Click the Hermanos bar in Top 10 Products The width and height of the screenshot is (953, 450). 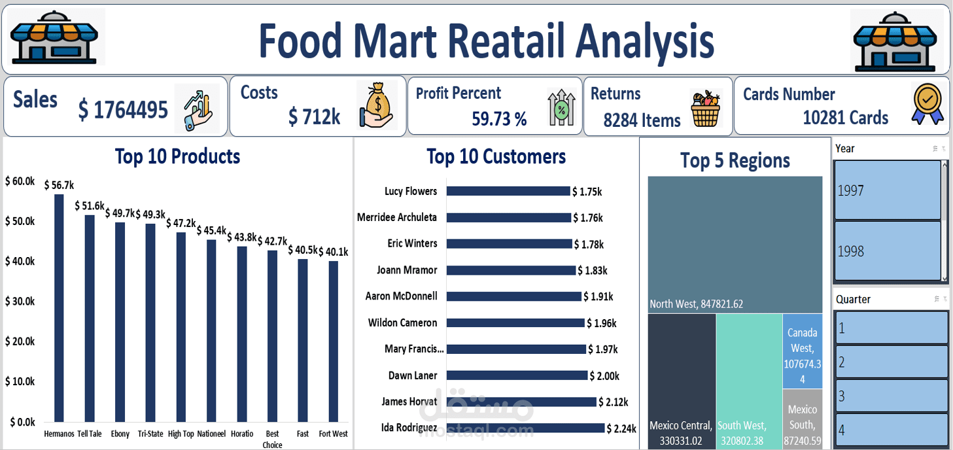tap(59, 307)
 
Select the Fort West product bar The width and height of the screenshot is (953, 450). tap(334, 341)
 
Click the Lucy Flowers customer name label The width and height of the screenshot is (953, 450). tap(411, 191)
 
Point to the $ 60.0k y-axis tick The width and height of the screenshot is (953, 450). tap(20, 181)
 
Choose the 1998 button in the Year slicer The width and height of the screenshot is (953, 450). tap(887, 251)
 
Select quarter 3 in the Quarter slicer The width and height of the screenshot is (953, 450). tap(891, 396)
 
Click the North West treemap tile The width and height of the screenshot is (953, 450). tap(735, 245)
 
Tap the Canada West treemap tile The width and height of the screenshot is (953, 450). tap(802, 351)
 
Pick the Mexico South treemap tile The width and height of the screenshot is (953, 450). tap(802, 419)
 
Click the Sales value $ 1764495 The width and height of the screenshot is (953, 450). tap(123, 110)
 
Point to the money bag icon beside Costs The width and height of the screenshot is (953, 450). tap(376, 105)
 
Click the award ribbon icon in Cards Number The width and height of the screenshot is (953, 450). tap(928, 104)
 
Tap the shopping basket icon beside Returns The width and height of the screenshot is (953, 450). tap(705, 109)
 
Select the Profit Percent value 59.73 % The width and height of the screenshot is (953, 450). tap(499, 118)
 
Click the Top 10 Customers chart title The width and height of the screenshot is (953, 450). tap(496, 156)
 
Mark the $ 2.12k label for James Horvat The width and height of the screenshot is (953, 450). tap(613, 402)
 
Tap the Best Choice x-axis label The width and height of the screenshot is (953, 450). tap(272, 439)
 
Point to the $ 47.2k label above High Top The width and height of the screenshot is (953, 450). tap(181, 223)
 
